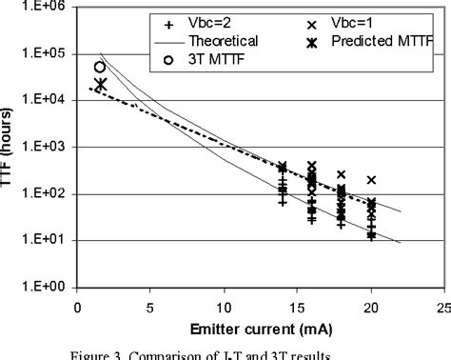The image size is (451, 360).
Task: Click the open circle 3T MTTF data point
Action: (100, 67)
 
